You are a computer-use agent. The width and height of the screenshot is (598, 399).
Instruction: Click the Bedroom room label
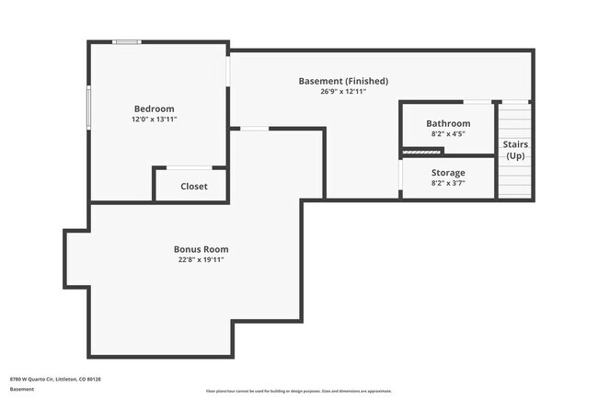[x=154, y=108]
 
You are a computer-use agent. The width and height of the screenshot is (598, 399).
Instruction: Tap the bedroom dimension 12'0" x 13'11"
[x=154, y=120]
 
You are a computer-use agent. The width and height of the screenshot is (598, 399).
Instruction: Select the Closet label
[x=193, y=187]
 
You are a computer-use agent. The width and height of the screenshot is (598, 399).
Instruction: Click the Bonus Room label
[x=201, y=249]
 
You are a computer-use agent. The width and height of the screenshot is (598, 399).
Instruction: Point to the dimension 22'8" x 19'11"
[x=201, y=260]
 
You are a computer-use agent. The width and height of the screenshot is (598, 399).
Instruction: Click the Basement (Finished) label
[x=343, y=81]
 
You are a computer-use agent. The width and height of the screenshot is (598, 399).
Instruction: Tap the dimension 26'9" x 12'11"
[x=343, y=92]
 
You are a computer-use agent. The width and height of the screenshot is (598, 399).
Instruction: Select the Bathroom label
[x=448, y=123]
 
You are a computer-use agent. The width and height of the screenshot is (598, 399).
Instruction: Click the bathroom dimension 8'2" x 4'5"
[x=448, y=134]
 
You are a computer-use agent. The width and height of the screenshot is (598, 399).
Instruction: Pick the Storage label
[x=448, y=173]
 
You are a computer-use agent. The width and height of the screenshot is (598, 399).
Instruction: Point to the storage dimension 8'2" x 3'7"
[x=448, y=184]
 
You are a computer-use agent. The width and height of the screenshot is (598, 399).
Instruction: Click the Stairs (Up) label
[x=515, y=150]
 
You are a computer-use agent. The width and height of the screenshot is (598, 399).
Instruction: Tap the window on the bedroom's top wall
[x=126, y=41]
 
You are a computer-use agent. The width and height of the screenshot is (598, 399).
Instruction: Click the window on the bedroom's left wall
[x=89, y=108]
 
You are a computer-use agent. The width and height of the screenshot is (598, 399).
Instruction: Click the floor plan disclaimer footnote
[x=298, y=391]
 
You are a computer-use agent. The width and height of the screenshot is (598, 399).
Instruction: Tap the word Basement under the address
[x=23, y=389]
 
